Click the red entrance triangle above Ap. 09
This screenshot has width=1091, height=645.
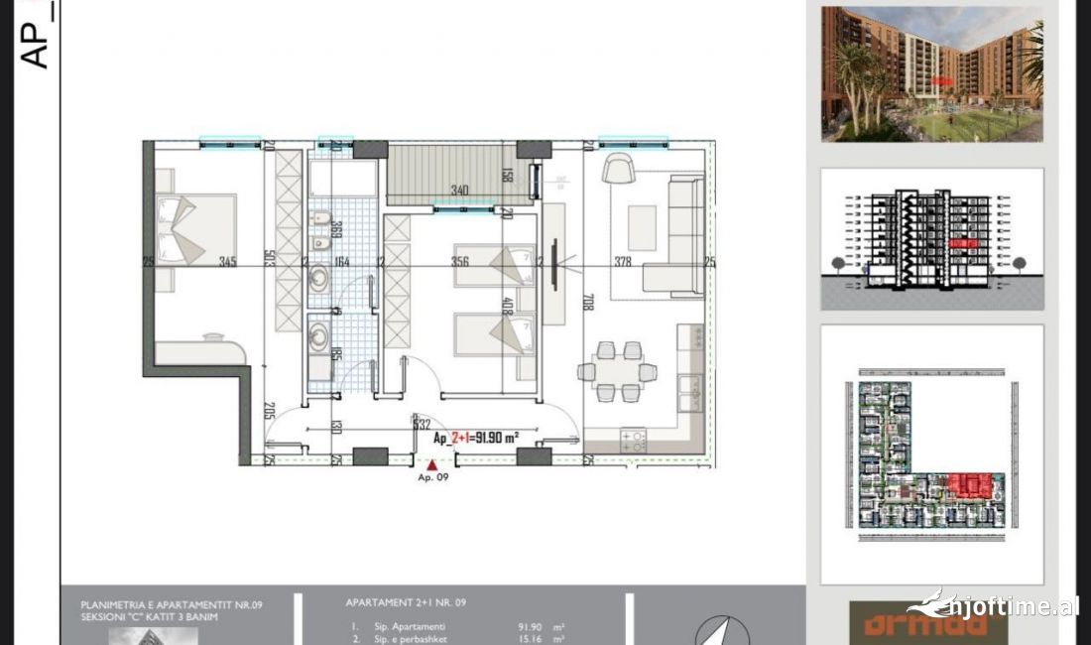pyautogui.click(x=432, y=462)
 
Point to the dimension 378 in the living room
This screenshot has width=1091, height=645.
pyautogui.click(x=622, y=262)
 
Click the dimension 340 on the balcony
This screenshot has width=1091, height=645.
pyautogui.click(x=459, y=190)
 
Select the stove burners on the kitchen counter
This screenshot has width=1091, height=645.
pyautogui.click(x=633, y=440)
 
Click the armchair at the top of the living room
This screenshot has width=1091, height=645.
pyautogui.click(x=619, y=169)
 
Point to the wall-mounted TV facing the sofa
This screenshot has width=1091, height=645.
pyautogui.click(x=553, y=264)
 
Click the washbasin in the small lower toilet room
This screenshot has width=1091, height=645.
pyautogui.click(x=318, y=337)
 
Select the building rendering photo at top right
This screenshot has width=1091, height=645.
pyautogui.click(x=931, y=74)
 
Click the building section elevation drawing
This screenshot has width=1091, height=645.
pyautogui.click(x=931, y=238)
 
